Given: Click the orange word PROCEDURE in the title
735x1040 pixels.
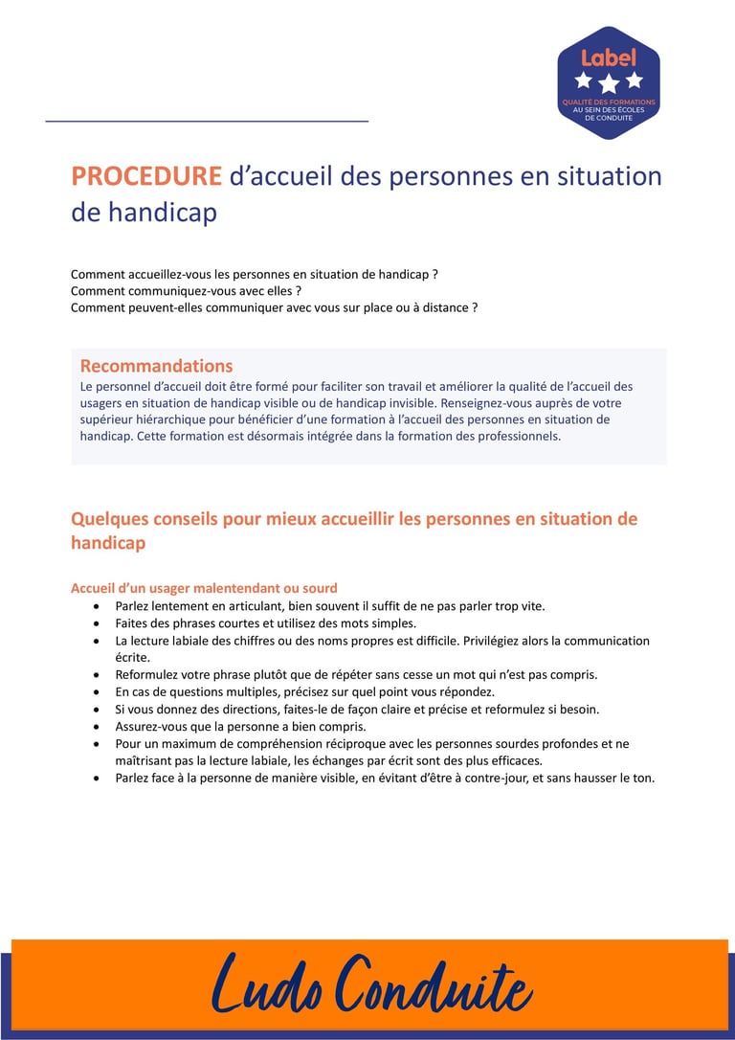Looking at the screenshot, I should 146,177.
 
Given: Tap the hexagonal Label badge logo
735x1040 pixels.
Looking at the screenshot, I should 609,82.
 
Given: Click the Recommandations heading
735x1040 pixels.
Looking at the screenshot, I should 156,366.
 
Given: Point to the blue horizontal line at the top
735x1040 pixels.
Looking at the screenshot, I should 207,122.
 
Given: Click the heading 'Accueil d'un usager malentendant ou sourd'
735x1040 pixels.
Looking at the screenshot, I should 204,588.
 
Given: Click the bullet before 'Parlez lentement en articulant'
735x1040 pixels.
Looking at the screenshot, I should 96,606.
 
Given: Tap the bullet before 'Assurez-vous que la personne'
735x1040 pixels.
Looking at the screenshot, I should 96,727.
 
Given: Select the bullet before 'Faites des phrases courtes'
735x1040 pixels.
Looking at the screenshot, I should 96,623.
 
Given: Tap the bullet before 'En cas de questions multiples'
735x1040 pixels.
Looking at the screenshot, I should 96,692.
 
